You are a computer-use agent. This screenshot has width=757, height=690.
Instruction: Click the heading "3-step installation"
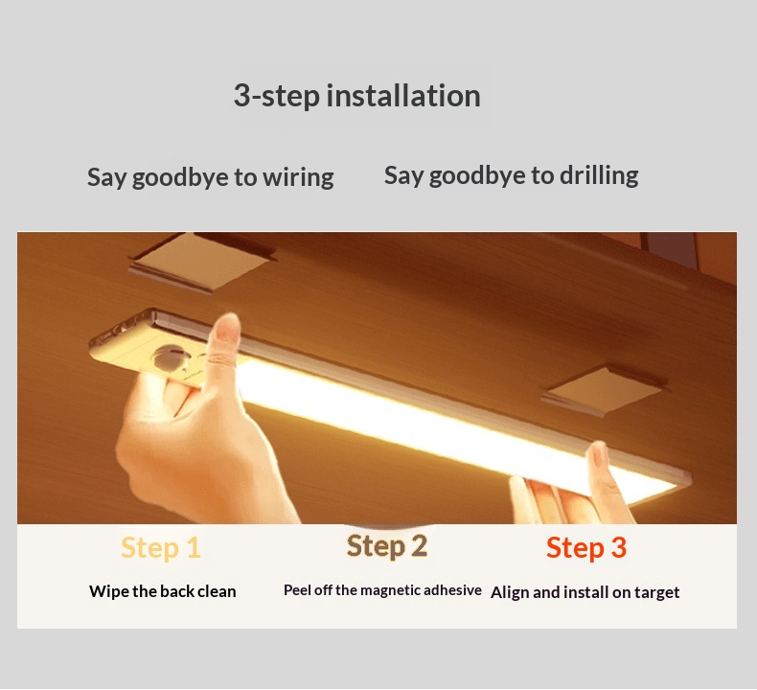(356, 96)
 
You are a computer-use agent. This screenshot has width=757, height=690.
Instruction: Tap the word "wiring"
(298, 177)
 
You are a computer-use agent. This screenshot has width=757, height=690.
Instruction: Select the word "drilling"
(599, 175)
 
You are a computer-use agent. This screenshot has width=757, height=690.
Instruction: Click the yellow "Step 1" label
(161, 547)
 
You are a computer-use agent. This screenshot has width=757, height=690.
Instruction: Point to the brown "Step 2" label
(387, 546)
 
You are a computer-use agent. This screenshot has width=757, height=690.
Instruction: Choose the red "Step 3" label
(586, 547)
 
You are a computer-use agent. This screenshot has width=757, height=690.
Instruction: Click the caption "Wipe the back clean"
(163, 591)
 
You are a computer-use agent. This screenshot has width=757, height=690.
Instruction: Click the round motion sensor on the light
(168, 357)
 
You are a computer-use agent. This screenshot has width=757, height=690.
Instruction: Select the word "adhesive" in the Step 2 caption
(452, 590)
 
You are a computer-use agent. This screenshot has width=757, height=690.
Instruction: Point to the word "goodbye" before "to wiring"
(180, 177)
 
